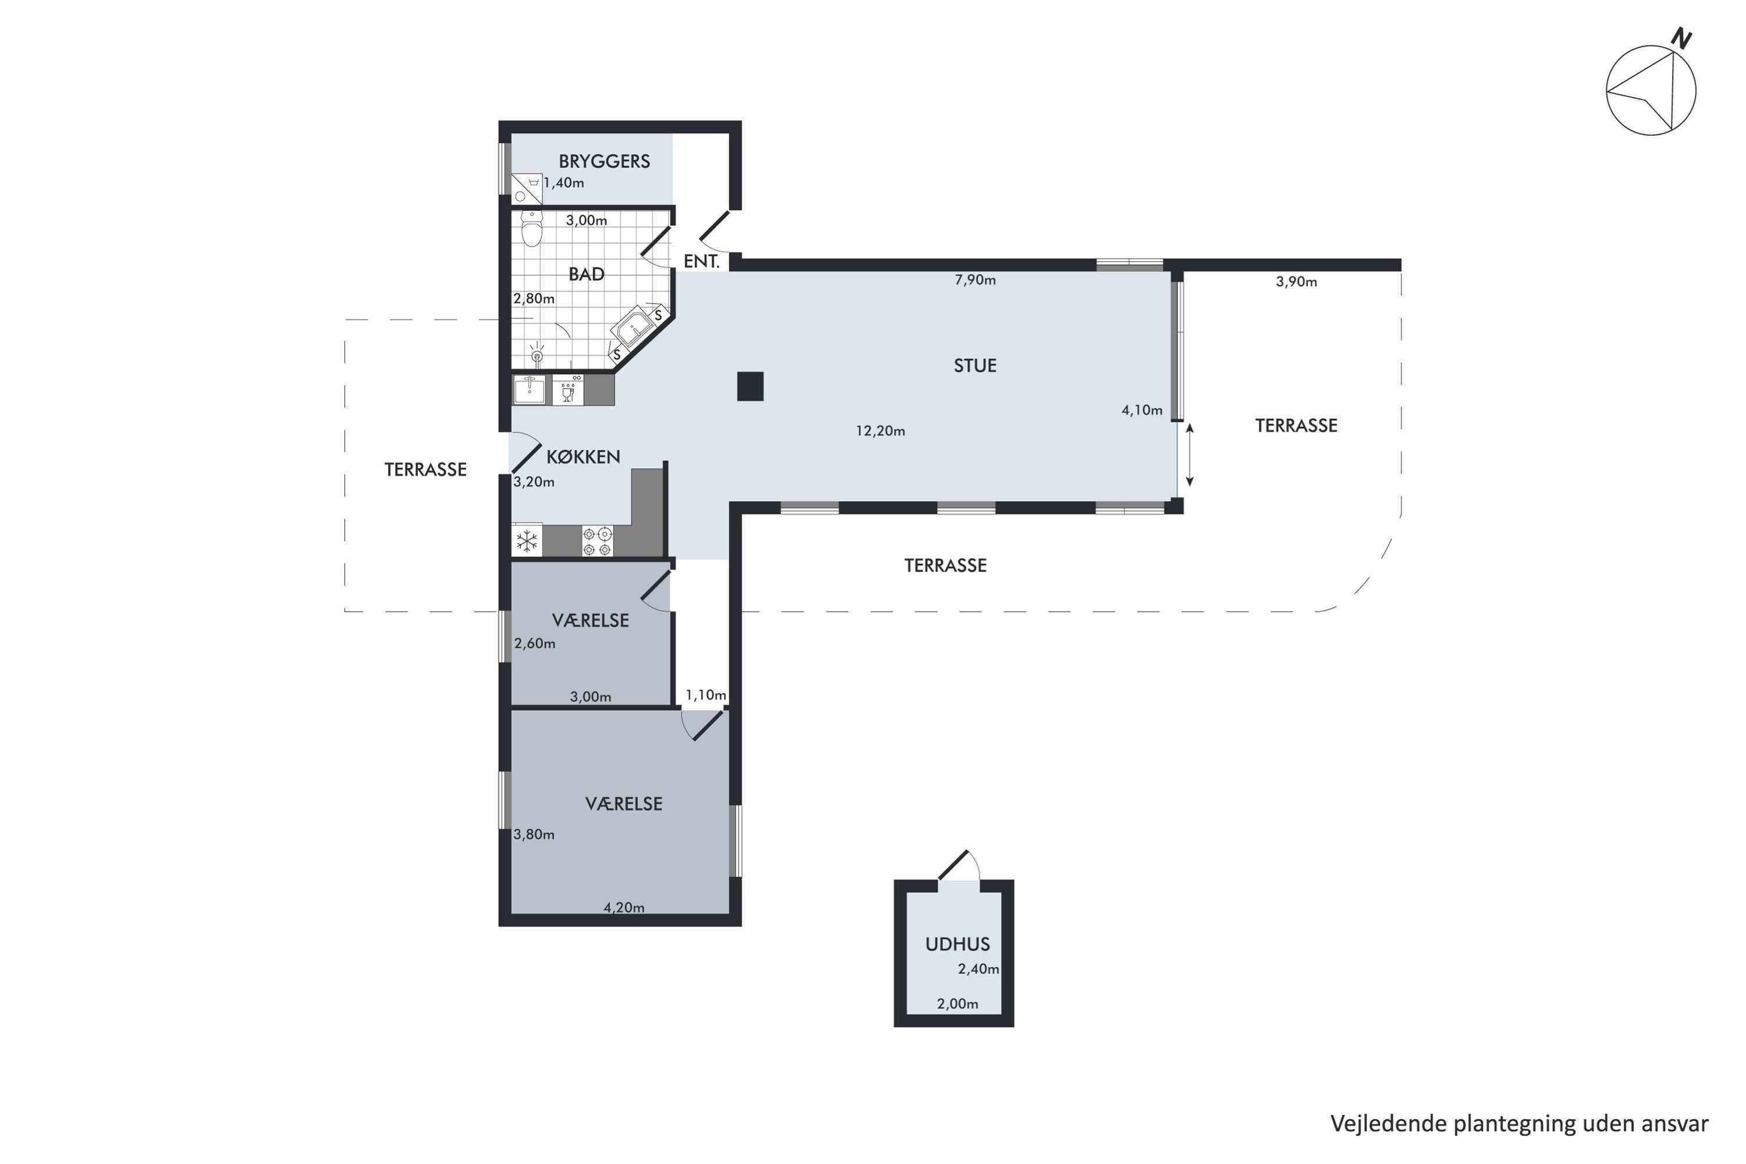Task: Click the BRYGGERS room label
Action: click(604, 161)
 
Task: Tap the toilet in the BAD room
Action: click(531, 229)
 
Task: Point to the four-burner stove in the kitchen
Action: click(598, 541)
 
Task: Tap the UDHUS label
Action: click(957, 944)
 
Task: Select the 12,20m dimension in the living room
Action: click(881, 431)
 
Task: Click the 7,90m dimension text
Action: click(975, 280)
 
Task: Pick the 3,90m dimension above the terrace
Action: click(1296, 281)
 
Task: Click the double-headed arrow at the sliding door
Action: click(1189, 455)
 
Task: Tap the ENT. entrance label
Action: click(701, 261)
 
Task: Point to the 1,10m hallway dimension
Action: click(705, 695)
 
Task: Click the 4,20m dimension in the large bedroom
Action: click(623, 907)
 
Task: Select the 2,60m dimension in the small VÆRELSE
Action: click(534, 644)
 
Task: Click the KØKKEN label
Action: click(583, 456)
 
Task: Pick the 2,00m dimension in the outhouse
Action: click(957, 1003)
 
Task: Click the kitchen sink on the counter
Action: click(529, 390)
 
